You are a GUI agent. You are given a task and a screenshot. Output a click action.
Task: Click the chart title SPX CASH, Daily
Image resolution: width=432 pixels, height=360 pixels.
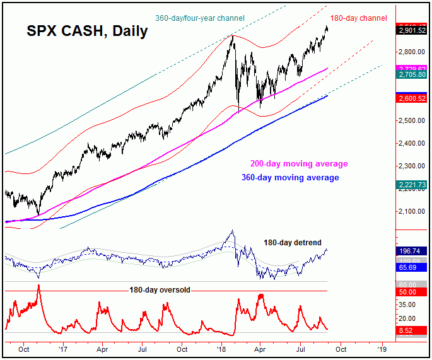coord(87,31)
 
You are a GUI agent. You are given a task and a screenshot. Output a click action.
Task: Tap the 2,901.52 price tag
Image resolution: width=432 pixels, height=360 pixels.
coord(411,30)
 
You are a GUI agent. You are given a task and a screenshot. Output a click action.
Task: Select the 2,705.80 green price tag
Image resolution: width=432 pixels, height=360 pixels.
coord(411,74)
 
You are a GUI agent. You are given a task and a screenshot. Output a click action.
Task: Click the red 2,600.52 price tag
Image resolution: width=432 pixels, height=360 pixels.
coord(411,98)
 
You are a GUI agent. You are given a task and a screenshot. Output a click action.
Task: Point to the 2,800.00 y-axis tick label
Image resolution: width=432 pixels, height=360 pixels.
coord(411,52)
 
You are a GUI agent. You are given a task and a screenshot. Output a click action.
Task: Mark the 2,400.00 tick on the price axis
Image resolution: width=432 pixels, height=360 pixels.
coord(411,143)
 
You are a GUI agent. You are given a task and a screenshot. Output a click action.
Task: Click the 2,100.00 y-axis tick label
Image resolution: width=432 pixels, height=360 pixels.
coord(411,211)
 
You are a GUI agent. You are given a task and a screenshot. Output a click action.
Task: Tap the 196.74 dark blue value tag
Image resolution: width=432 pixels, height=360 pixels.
coord(411,250)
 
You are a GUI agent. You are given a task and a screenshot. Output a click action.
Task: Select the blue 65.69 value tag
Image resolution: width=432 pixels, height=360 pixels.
coord(411,267)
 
